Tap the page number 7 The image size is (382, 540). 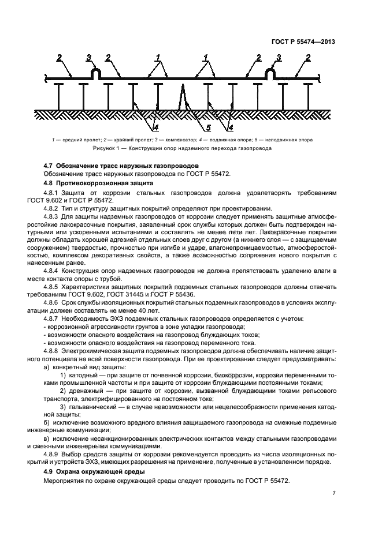click(334, 493)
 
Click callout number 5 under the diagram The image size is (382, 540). click(209, 127)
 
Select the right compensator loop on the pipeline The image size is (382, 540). click(269, 74)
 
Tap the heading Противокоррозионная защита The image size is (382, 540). click(98, 183)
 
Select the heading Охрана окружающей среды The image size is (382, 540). click(94, 472)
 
